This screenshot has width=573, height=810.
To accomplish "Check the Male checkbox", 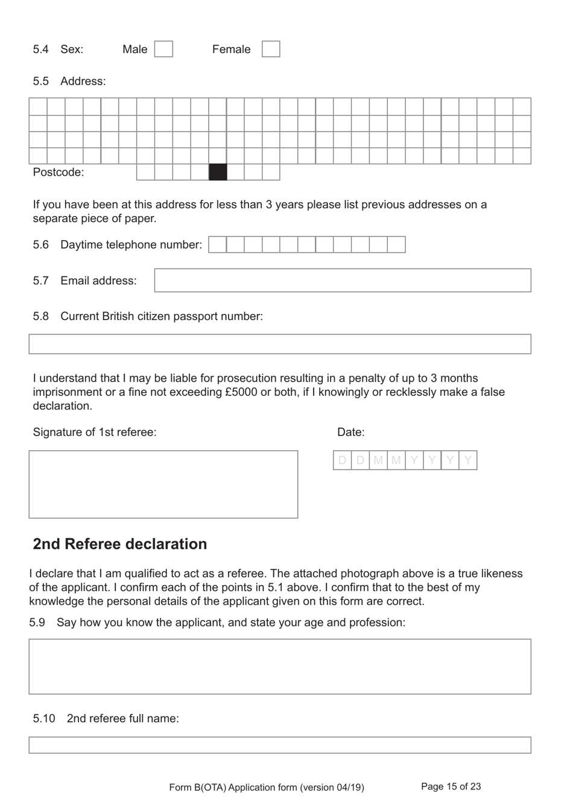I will click(163, 49).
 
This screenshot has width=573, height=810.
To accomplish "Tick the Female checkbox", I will click(271, 49).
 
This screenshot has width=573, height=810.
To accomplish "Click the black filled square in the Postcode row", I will click(218, 172).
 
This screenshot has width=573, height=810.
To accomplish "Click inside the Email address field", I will click(343, 281).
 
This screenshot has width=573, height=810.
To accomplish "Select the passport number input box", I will click(280, 344).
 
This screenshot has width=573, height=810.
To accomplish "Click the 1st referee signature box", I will click(163, 484).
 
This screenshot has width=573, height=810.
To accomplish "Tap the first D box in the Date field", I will click(342, 461).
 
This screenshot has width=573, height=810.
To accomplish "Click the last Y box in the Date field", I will click(468, 461).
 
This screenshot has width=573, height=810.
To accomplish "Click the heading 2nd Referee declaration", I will click(119, 544).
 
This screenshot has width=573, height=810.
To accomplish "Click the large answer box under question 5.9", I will click(280, 666).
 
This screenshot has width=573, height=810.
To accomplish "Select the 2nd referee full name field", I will click(280, 745).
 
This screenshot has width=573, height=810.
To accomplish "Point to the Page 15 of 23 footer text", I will click(451, 786).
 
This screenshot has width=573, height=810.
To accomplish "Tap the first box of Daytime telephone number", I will click(217, 244).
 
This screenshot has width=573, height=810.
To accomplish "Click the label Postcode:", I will click(59, 173).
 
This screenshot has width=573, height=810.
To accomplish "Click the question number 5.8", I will click(40, 316).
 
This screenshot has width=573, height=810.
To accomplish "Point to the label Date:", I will click(350, 432).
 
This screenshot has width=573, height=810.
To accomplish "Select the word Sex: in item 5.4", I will click(72, 49).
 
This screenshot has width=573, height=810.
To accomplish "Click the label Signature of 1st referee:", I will click(95, 432).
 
